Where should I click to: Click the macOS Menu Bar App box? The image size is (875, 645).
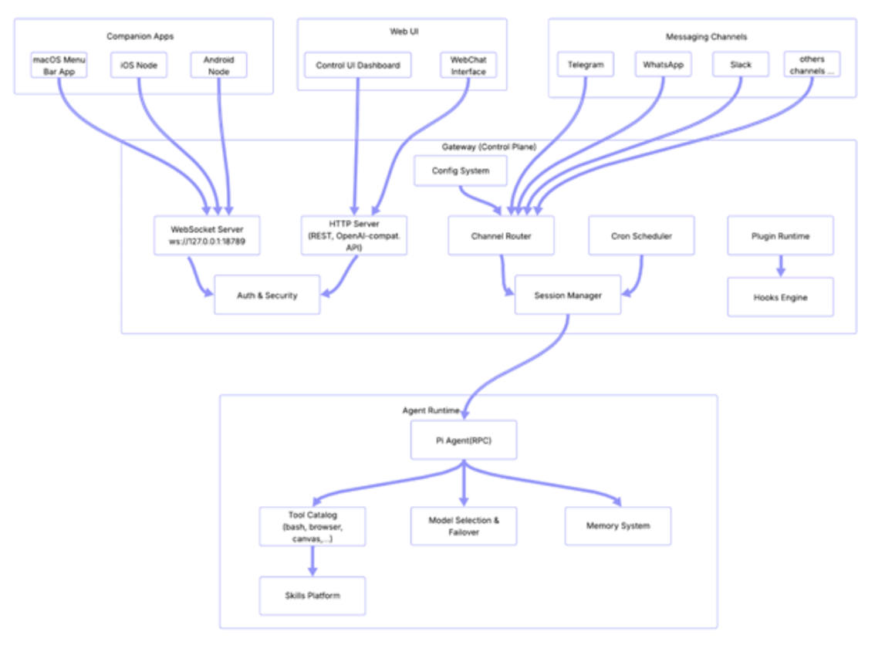coord(59,66)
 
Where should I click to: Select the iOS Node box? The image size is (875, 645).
coord(139,66)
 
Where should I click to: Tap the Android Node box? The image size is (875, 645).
coord(219,66)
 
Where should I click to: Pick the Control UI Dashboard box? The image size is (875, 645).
coord(358,66)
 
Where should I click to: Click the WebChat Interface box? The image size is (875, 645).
coord(468,66)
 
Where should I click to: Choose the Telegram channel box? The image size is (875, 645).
coord(585,66)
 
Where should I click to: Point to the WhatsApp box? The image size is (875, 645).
coord(664,66)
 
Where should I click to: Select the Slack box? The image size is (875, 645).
coord(741,66)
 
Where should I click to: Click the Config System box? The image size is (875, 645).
coord(461,171)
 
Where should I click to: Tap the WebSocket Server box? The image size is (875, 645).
coord(206,235)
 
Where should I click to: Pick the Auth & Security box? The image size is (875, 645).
coord(266,295)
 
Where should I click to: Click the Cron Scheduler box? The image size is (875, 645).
coord(641,235)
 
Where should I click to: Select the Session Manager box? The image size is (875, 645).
coord(567,295)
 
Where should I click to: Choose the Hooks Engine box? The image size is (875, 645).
coord(780,297)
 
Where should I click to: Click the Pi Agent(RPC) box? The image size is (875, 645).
coord(463,441)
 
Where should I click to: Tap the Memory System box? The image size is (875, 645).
coord(618,526)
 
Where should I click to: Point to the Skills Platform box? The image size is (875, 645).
coord(312,596)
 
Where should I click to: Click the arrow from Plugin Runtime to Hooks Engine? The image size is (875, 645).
coord(780,266)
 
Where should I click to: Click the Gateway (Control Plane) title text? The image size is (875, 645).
coord(488,147)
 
